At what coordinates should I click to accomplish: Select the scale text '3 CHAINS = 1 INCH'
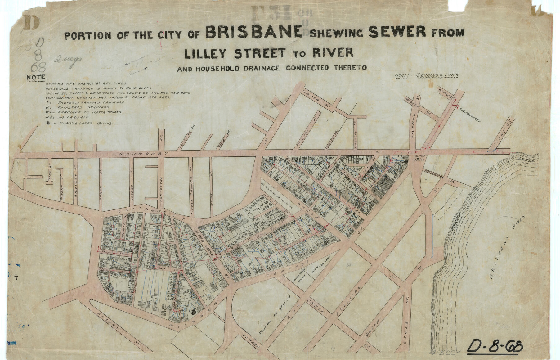438,75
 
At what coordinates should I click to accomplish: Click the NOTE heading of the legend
37,77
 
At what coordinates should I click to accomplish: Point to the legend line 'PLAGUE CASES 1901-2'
82,123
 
